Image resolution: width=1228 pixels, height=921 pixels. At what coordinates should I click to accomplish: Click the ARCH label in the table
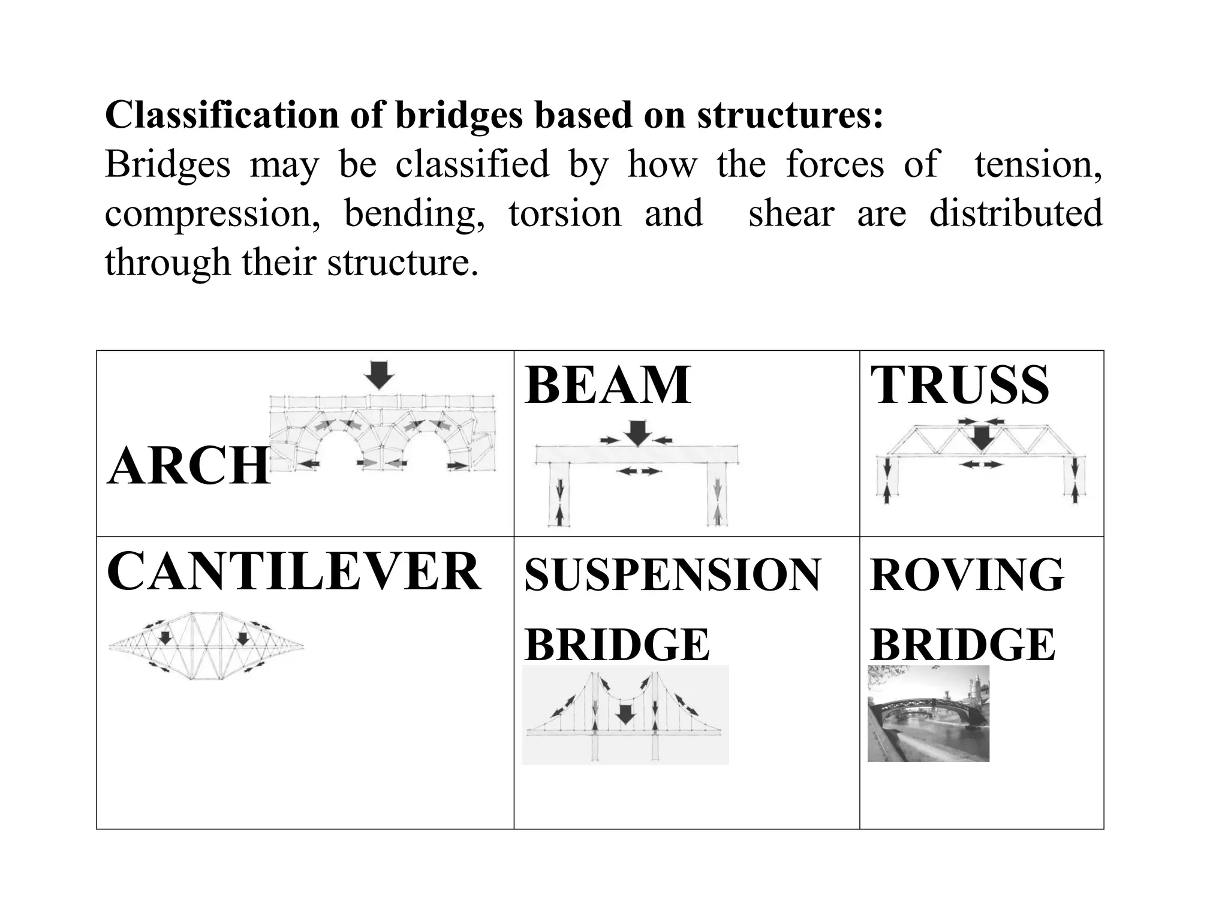(x=189, y=466)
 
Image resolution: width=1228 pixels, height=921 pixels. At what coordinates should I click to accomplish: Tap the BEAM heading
(x=607, y=385)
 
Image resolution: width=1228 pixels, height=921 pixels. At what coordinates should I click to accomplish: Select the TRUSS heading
(x=959, y=385)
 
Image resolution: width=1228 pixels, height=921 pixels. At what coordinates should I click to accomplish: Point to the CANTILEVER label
(x=294, y=572)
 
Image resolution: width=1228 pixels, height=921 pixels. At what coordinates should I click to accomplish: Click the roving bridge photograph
(x=928, y=714)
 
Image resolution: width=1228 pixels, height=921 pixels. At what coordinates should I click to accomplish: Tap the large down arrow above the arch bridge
(x=379, y=375)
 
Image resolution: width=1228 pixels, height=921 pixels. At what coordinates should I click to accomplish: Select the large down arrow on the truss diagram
(x=982, y=438)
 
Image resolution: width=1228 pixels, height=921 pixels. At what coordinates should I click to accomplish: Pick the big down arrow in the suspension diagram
(x=626, y=714)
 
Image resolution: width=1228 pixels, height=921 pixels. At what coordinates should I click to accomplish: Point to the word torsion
(x=565, y=213)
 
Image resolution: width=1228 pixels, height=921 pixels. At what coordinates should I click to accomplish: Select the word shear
(x=791, y=213)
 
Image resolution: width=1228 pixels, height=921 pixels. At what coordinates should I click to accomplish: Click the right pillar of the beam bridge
(x=717, y=495)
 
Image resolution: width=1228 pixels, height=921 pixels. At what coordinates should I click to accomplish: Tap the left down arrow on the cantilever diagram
(x=165, y=637)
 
